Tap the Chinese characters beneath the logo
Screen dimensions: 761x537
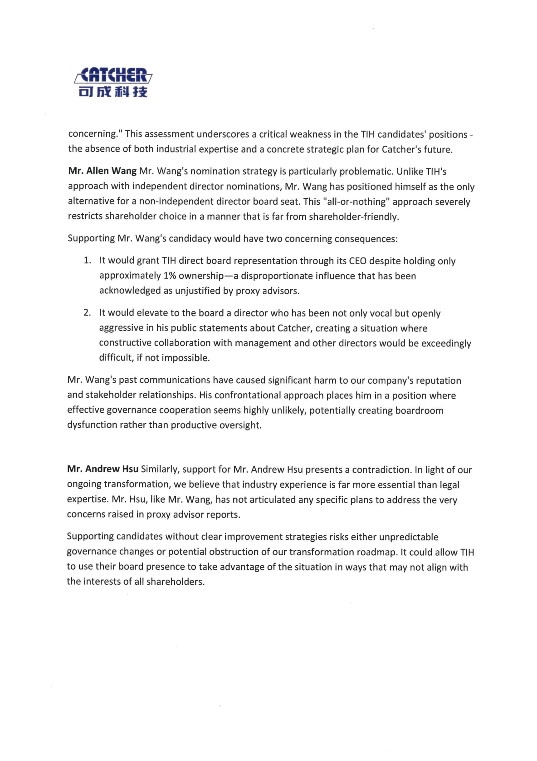113,92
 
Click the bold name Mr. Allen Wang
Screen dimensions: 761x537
102,171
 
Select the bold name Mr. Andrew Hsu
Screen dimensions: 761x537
103,469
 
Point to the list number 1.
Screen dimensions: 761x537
87,260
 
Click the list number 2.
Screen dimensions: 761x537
87,313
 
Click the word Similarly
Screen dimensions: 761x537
160,469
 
